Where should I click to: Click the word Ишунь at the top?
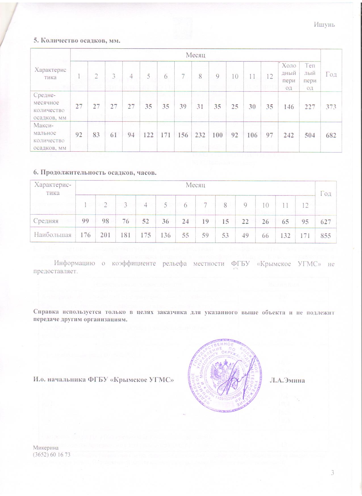(x=324, y=25)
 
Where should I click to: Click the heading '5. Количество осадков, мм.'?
(x=77, y=40)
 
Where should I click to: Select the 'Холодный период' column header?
(x=289, y=76)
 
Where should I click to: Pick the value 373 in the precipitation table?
(x=331, y=107)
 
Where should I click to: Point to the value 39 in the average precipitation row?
(x=183, y=107)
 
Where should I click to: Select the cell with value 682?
(x=331, y=135)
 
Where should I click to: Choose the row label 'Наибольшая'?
(x=53, y=235)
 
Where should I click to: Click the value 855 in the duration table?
(x=326, y=235)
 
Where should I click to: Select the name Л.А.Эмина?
(x=287, y=380)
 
